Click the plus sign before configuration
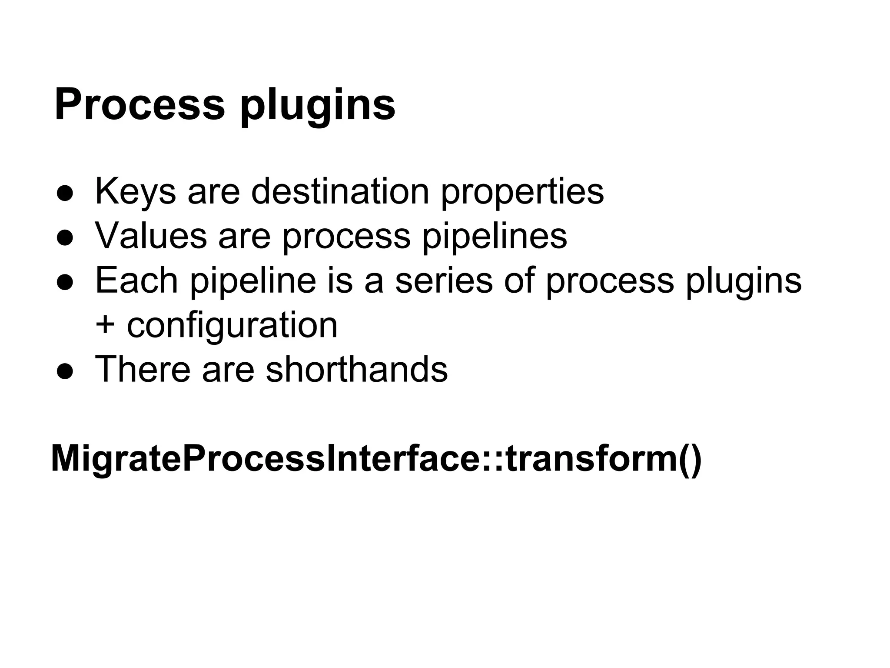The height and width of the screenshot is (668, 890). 105,325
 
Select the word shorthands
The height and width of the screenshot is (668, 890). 356,369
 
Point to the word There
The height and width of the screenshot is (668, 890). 143,369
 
